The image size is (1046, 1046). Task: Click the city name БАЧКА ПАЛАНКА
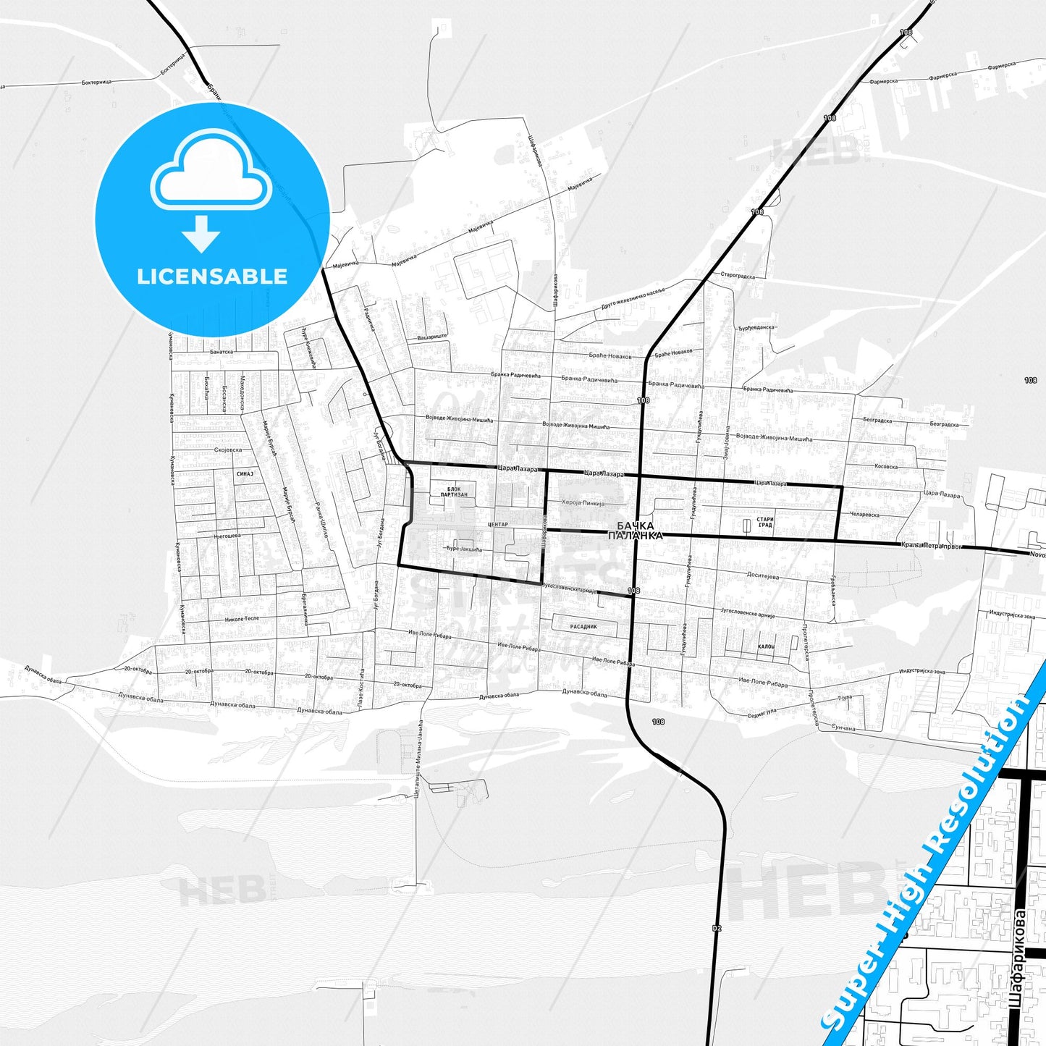point(635,531)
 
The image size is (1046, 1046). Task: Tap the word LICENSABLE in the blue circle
point(212,277)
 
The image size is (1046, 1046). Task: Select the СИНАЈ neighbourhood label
point(245,474)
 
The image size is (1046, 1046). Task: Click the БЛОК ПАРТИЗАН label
point(454,492)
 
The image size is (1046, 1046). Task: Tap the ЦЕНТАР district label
point(498,524)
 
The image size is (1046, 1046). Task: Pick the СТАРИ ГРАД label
point(765,522)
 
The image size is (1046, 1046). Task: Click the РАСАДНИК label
point(583,627)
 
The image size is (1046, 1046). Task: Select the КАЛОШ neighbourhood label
point(766,646)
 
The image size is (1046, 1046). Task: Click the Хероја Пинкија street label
point(582,502)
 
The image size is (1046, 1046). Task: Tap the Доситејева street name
point(763,576)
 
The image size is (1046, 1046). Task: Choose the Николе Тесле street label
point(242,619)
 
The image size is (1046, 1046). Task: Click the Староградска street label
point(738,276)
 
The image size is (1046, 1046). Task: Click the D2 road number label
point(717,927)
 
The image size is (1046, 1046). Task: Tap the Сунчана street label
point(843,727)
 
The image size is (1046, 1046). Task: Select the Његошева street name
point(227,536)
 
